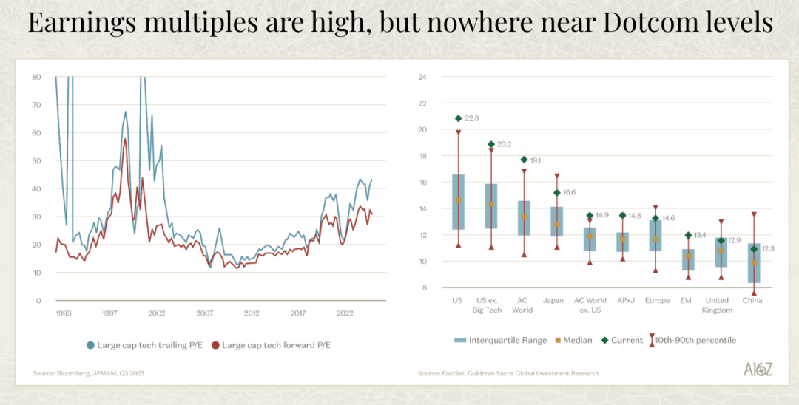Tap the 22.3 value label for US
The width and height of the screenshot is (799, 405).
pyautogui.click(x=472, y=118)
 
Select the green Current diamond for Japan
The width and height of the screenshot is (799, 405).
pyautogui.click(x=556, y=193)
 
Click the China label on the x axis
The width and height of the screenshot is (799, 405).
pyautogui.click(x=753, y=301)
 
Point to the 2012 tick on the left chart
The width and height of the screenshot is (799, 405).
pyautogui.click(x=252, y=313)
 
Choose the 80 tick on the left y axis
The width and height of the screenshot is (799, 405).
pyautogui.click(x=36, y=77)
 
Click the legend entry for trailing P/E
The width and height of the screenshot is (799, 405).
pyautogui.click(x=140, y=345)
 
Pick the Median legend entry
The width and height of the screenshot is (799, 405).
pyautogui.click(x=573, y=340)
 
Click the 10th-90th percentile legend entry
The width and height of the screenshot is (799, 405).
pyautogui.click(x=692, y=340)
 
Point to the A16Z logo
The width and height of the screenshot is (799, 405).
pyautogui.click(x=758, y=370)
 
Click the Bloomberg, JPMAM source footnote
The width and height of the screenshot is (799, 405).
pyautogui.click(x=88, y=373)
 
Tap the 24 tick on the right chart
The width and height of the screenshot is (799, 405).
pyautogui.click(x=423, y=77)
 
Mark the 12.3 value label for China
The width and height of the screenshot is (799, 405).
pyautogui.click(x=769, y=248)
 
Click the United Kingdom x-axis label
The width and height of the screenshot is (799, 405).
pyautogui.click(x=715, y=305)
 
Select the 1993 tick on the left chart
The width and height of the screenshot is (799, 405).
pyautogui.click(x=64, y=313)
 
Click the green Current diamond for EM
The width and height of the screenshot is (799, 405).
pyautogui.click(x=688, y=235)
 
